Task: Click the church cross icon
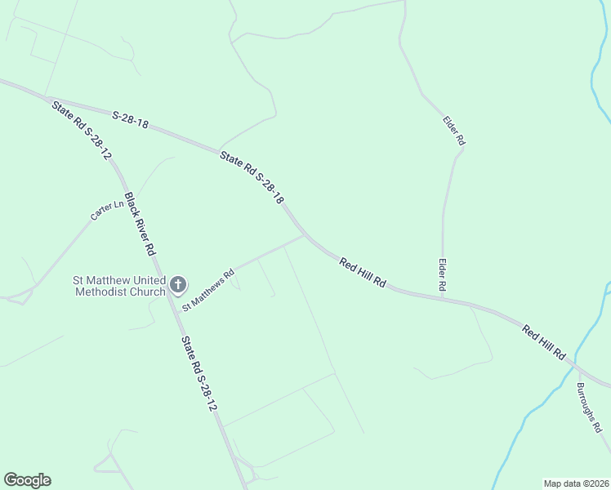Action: [x=178, y=285]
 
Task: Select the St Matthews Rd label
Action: [x=207, y=290]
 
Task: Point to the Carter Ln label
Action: [x=106, y=210]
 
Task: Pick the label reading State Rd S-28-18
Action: [x=252, y=176]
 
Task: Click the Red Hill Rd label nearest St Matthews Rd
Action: [x=363, y=273]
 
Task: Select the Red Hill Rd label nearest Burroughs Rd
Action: [x=545, y=343]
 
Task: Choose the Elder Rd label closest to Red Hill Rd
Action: [x=443, y=275]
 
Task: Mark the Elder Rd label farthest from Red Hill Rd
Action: [x=454, y=131]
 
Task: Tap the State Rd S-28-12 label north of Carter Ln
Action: [x=81, y=129]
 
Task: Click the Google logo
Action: [x=27, y=480]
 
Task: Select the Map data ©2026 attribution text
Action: [x=575, y=483]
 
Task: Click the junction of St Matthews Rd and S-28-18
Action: [x=305, y=235]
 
